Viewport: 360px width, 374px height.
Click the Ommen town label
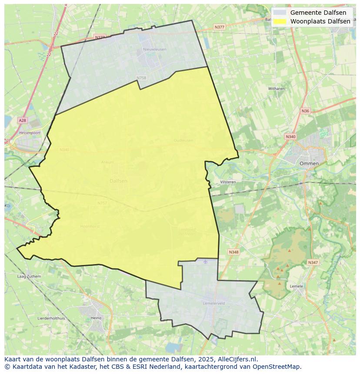pyautogui.click(x=309, y=163)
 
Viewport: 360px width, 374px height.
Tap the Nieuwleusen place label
pyautogui.click(x=154, y=50)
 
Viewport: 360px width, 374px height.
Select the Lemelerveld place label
pyautogui.click(x=214, y=304)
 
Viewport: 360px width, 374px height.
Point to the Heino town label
pyautogui.click(x=96, y=318)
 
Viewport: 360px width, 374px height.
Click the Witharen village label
pyautogui.click(x=276, y=89)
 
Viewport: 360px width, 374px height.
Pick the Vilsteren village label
pyautogui.click(x=228, y=182)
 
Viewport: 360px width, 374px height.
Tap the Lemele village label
pyautogui.click(x=296, y=286)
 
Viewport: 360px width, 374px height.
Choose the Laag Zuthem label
pyautogui.click(x=29, y=276)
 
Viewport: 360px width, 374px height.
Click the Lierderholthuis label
pyautogui.click(x=51, y=318)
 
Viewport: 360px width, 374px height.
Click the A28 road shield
pyautogui.click(x=22, y=120)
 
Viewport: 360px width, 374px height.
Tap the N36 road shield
pyautogui.click(x=305, y=111)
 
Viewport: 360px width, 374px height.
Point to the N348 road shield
pyautogui.click(x=233, y=252)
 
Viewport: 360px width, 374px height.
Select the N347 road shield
pyautogui.click(x=313, y=262)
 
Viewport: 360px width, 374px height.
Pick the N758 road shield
pyautogui.click(x=141, y=78)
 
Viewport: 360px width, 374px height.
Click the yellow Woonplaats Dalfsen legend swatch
pyautogui.click(x=280, y=21)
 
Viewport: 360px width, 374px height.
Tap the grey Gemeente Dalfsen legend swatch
pyautogui.click(x=280, y=13)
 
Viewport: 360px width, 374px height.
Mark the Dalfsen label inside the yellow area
pyautogui.click(x=118, y=181)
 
